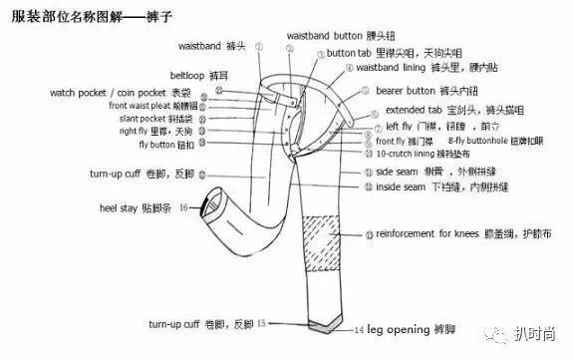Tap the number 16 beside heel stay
pyautogui.click(x=183, y=207)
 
